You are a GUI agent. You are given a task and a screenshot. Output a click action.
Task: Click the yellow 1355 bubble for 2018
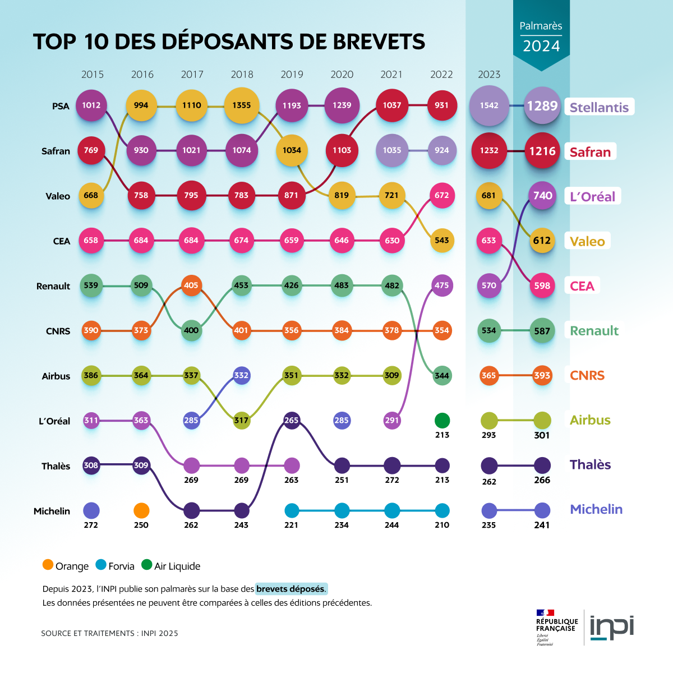pyautogui.click(x=242, y=105)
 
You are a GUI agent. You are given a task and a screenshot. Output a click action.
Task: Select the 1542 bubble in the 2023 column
pyautogui.click(x=489, y=105)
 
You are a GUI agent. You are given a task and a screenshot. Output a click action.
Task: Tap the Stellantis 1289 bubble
pyautogui.click(x=542, y=105)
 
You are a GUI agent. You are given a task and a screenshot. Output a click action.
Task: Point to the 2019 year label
pyautogui.click(x=292, y=75)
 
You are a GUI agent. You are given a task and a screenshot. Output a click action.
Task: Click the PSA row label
pyautogui.click(x=61, y=106)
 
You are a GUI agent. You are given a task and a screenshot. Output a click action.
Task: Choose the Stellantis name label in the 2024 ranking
pyautogui.click(x=599, y=107)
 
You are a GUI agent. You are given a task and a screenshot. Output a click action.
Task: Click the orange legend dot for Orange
pyautogui.click(x=48, y=565)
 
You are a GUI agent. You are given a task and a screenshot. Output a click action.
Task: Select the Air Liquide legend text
pyautogui.click(x=177, y=566)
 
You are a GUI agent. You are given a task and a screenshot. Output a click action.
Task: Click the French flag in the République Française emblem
pyautogui.click(x=545, y=612)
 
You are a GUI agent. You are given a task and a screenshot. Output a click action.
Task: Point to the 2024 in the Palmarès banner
pyautogui.click(x=541, y=46)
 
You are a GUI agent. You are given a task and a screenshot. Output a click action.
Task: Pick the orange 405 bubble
pyautogui.click(x=191, y=285)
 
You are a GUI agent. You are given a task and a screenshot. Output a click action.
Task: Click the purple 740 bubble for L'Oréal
pyautogui.click(x=542, y=195)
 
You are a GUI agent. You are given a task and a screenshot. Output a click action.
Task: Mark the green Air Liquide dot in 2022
pyautogui.click(x=442, y=420)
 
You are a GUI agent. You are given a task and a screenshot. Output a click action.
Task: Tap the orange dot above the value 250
pyautogui.click(x=141, y=510)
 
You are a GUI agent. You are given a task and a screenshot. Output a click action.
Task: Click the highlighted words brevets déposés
pyautogui.click(x=291, y=589)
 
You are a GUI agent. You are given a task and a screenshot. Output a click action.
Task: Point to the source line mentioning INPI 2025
pyautogui.click(x=109, y=633)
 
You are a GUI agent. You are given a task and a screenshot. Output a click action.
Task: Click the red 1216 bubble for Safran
pyautogui.click(x=542, y=150)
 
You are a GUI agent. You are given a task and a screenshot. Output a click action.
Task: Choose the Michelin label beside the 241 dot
pyautogui.click(x=596, y=509)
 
